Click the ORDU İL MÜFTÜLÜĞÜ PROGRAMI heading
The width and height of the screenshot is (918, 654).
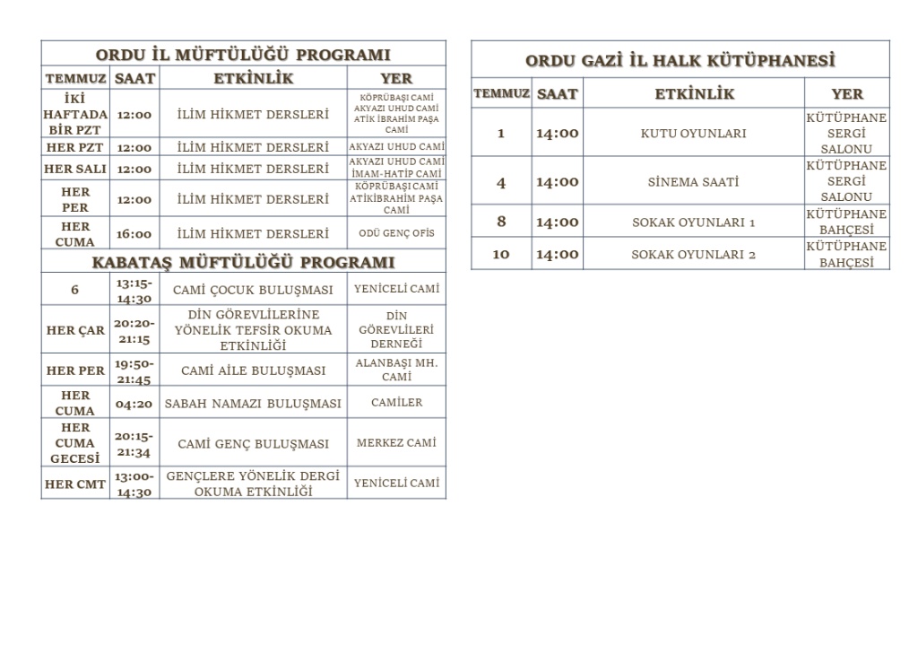243,55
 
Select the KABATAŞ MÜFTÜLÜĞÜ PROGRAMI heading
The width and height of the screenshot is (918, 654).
243,263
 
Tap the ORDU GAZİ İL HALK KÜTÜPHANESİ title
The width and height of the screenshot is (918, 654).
680,61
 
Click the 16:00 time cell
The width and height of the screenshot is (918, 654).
134,234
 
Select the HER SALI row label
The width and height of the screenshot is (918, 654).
75,169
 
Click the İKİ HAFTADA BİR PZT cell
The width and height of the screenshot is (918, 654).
75,114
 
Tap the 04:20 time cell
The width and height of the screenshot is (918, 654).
134,404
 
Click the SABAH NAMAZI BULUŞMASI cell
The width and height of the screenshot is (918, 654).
254,404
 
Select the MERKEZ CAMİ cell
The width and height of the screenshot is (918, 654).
396,443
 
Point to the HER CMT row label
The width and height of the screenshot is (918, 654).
75,484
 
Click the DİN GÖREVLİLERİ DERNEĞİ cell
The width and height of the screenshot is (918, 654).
396,330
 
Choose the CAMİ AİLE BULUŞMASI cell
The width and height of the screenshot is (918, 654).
254,371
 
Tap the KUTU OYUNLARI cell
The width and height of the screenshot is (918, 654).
693,134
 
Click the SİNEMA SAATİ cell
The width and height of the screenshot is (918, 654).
693,182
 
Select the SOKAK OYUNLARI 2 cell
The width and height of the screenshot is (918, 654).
693,255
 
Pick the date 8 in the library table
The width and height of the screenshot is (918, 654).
501,222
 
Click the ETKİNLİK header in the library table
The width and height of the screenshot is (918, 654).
694,94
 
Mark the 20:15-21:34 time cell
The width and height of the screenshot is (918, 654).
134,443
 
